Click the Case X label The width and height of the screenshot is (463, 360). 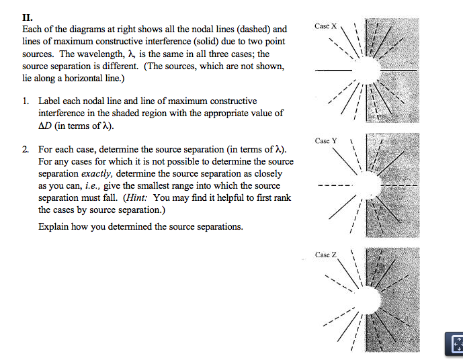coord(326,26)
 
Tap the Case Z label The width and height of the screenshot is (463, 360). coord(326,255)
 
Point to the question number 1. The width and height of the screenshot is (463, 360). coord(25,101)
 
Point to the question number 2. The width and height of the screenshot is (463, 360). coord(25,149)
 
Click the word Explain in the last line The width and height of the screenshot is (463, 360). coord(54,226)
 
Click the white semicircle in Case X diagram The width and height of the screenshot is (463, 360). coord(368,69)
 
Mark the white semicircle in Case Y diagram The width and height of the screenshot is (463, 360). coord(368,185)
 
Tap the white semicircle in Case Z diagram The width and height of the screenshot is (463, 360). coord(368,299)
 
